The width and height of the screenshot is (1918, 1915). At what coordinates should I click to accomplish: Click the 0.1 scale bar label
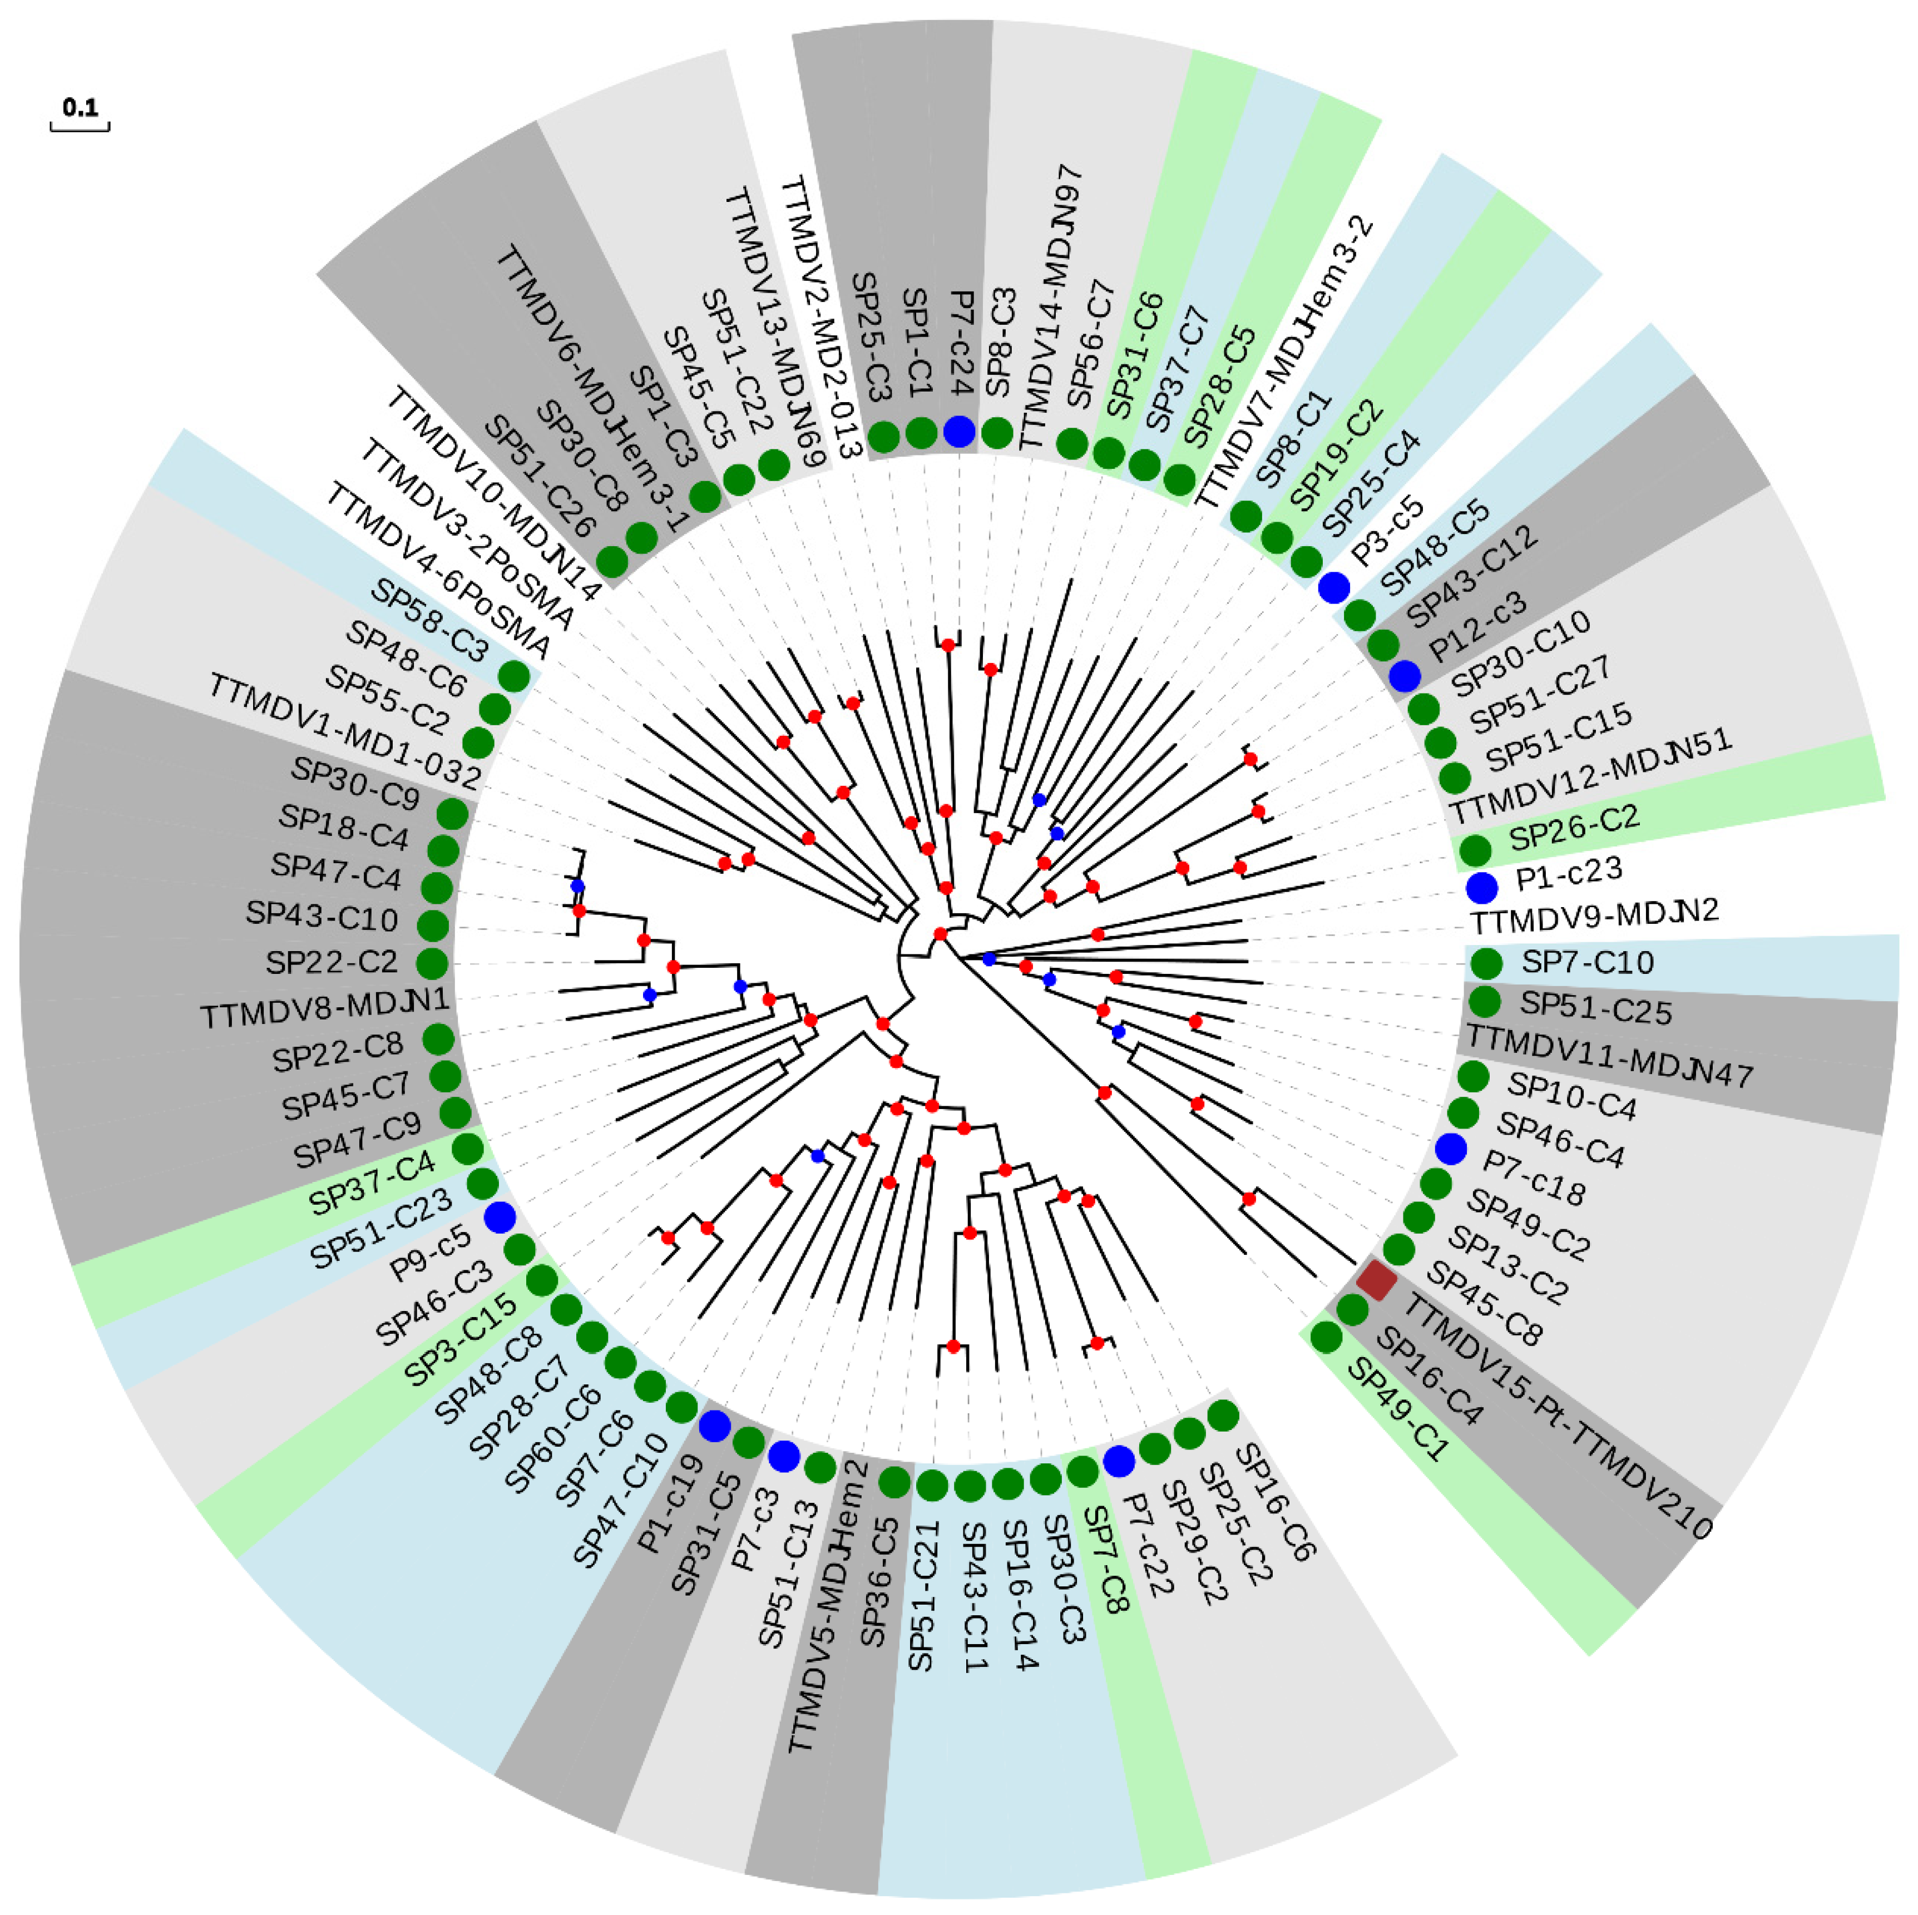[x=80, y=106]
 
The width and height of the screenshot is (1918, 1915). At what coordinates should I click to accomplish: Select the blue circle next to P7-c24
[x=959, y=431]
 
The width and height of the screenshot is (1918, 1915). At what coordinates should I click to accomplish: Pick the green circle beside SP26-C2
[x=1475, y=850]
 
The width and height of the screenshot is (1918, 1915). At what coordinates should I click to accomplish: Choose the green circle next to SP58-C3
[x=513, y=676]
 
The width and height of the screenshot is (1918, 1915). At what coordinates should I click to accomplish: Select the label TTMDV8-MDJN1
[x=325, y=1011]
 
